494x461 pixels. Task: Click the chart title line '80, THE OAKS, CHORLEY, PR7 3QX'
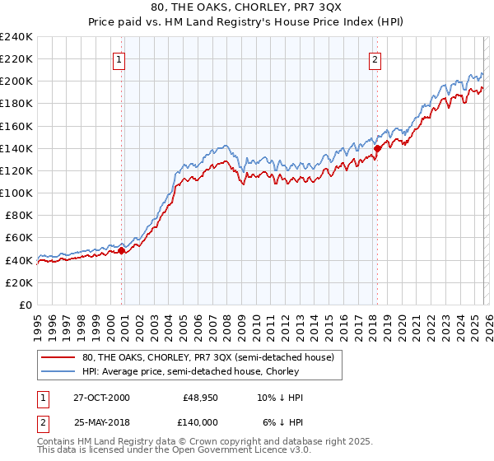pyautogui.click(x=247, y=7)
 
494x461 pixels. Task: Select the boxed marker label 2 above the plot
pyautogui.click(x=375, y=59)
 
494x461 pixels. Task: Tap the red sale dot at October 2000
pyautogui.click(x=121, y=250)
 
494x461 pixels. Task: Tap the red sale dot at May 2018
pyautogui.click(x=377, y=149)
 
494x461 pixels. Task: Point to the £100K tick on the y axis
pyautogui.click(x=16, y=193)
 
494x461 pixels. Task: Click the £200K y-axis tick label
pyautogui.click(x=16, y=81)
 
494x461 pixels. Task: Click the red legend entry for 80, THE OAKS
pyautogui.click(x=207, y=357)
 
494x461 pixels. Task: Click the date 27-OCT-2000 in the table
pyautogui.click(x=100, y=398)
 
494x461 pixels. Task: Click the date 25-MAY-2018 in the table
pyautogui.click(x=100, y=421)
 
